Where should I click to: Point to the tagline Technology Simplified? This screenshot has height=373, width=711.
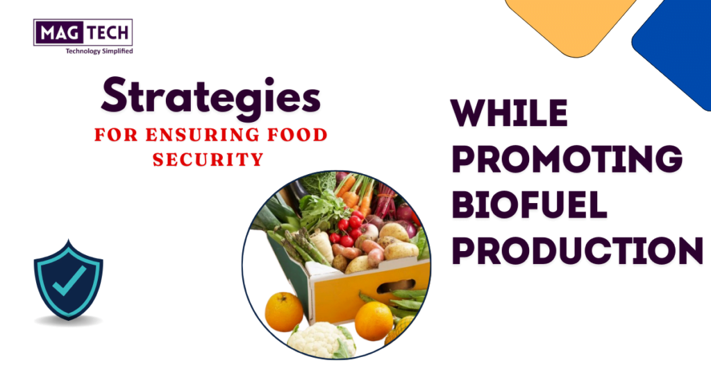[x=99, y=51]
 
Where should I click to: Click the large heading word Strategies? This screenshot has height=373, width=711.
[x=211, y=97]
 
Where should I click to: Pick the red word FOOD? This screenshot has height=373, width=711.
[x=297, y=135]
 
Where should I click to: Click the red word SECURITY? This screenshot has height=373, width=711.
[x=208, y=159]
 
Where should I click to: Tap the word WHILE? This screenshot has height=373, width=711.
[x=509, y=112]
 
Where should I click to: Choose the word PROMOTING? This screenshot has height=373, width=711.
[x=567, y=159]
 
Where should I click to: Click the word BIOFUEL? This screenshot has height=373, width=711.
[x=529, y=205]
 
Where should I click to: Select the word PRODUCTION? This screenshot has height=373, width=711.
[x=577, y=251]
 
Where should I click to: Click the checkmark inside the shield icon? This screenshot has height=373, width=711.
[x=69, y=281]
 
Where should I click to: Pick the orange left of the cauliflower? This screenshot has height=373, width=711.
[x=284, y=312]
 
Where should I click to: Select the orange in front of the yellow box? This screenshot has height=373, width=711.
[x=374, y=321]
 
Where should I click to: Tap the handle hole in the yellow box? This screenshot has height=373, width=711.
[x=395, y=286]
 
